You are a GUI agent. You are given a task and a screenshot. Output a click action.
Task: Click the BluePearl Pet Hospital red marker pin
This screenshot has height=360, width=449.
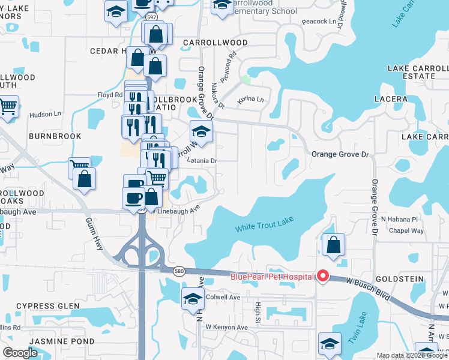pos(323,276)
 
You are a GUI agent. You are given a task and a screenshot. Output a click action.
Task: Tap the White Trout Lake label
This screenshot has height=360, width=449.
pos(264,227)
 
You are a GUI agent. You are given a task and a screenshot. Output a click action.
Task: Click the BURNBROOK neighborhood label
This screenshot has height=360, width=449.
pos(55,136)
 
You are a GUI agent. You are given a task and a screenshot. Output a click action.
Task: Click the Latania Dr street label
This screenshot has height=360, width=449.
pos(201,161)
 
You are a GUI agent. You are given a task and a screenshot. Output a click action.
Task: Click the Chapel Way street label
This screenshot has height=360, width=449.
pos(406,230)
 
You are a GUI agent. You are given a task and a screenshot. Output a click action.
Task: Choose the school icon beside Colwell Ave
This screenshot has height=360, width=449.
pos(193,299)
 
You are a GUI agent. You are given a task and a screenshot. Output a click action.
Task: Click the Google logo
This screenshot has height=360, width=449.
pos(20,353)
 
